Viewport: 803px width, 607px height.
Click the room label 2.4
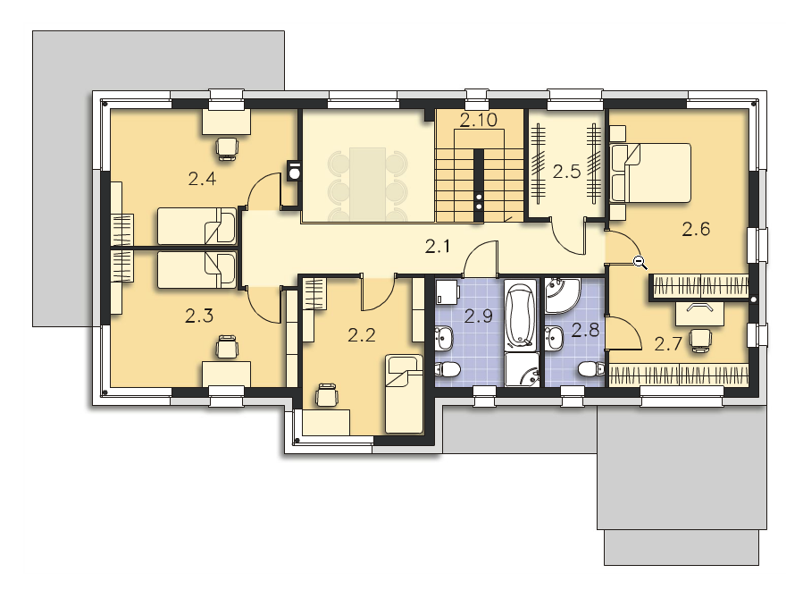coord(202,179)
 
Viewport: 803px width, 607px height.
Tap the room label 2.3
coord(199,316)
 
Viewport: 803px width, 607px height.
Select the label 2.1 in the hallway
coord(438,247)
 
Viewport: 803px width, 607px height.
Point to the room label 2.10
coord(479,120)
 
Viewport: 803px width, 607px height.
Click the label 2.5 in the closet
coord(567,172)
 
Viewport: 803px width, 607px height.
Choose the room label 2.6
coord(696,229)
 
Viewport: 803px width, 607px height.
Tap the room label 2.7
coord(668,343)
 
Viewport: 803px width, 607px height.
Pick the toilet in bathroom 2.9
coord(448,369)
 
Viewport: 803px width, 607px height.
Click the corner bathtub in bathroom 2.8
coord(563,295)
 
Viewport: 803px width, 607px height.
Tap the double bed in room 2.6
coord(650,173)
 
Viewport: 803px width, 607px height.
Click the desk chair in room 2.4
coord(227,148)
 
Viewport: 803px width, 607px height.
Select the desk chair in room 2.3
coord(226,347)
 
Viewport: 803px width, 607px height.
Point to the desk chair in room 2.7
coord(699,341)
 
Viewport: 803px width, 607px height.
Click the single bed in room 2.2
coord(404,394)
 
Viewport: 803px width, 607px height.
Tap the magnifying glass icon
coord(640,263)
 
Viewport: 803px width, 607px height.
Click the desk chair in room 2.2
coord(327,395)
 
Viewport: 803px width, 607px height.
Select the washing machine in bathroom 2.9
coord(448,292)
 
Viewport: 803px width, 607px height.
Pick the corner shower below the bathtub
coord(522,369)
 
